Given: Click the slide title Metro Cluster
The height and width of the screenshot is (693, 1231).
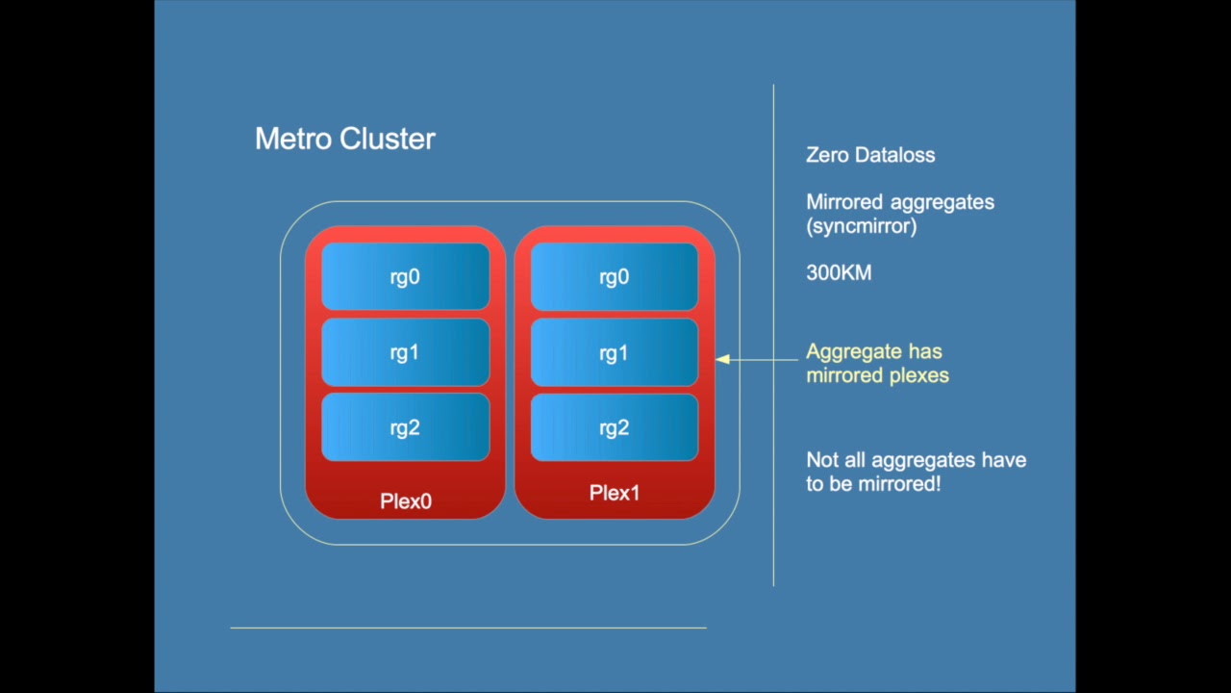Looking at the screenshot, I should click(x=344, y=139).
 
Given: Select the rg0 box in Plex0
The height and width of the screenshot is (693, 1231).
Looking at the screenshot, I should click(x=405, y=277).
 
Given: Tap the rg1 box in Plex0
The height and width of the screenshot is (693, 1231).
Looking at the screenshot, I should click(x=405, y=352).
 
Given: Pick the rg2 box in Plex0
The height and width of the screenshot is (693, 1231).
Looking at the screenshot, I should click(x=405, y=427).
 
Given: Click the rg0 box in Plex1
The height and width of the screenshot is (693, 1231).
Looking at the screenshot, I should click(x=614, y=277).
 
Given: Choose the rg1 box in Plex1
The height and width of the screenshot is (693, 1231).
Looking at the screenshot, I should click(x=614, y=352).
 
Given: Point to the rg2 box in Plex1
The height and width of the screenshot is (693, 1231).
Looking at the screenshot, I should click(x=614, y=427).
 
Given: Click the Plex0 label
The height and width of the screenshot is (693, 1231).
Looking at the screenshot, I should click(x=405, y=500).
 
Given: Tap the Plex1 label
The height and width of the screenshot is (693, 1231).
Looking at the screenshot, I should click(x=614, y=493).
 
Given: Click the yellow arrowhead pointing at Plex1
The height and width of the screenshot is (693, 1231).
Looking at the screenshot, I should click(x=722, y=359).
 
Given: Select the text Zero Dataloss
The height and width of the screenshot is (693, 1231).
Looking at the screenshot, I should click(x=869, y=155).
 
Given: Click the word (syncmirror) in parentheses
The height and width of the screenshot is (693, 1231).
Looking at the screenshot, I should click(x=861, y=226).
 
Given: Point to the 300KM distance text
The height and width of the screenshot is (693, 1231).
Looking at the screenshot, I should click(x=839, y=273).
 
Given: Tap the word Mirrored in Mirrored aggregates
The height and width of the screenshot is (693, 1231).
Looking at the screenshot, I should click(x=844, y=202).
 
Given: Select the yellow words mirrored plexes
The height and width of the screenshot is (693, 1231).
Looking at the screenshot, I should click(x=877, y=375).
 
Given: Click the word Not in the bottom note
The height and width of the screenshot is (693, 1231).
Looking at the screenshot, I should click(x=821, y=460).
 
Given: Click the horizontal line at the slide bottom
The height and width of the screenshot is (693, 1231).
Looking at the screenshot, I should click(x=468, y=628).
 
